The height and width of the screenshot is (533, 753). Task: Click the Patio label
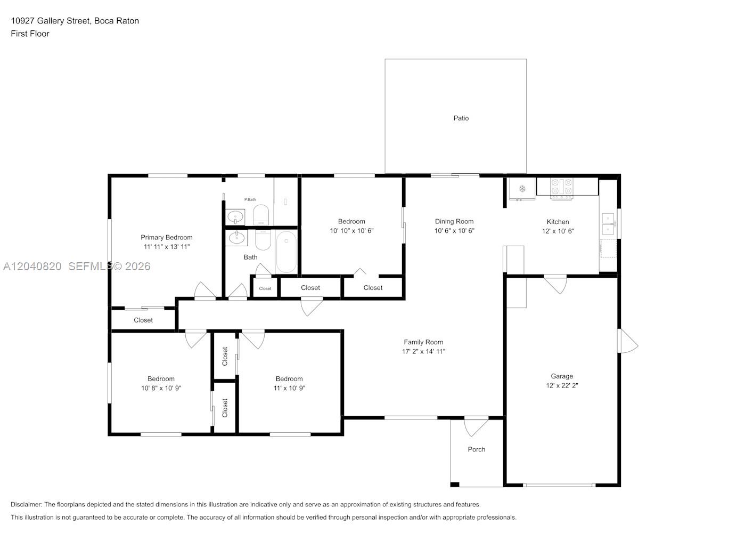coord(461,118)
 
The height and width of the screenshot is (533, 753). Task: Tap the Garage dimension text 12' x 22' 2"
coord(562,385)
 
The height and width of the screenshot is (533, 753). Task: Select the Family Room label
coord(423,342)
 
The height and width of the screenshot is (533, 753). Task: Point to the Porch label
coord(476,449)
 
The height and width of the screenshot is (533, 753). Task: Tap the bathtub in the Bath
coord(286,252)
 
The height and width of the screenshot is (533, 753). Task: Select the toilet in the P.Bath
coord(261,215)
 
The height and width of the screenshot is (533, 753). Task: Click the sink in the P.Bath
coord(235,217)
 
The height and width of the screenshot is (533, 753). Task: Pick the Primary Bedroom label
coord(166,238)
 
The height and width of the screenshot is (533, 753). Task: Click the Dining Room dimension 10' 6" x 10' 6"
coord(454,230)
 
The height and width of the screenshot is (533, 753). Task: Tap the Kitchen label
coord(558,222)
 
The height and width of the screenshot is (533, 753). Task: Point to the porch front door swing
coord(476,427)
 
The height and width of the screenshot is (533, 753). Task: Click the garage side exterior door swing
coord(628,341)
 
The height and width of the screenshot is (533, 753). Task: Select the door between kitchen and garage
coord(555,284)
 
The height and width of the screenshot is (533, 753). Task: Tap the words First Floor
coord(30,34)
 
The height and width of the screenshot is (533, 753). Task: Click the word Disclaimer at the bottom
coord(27,504)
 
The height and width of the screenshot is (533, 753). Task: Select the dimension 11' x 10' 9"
coord(289,388)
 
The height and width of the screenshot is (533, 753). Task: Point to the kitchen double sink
coord(608,223)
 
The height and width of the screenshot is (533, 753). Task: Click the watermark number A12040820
coord(32,266)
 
